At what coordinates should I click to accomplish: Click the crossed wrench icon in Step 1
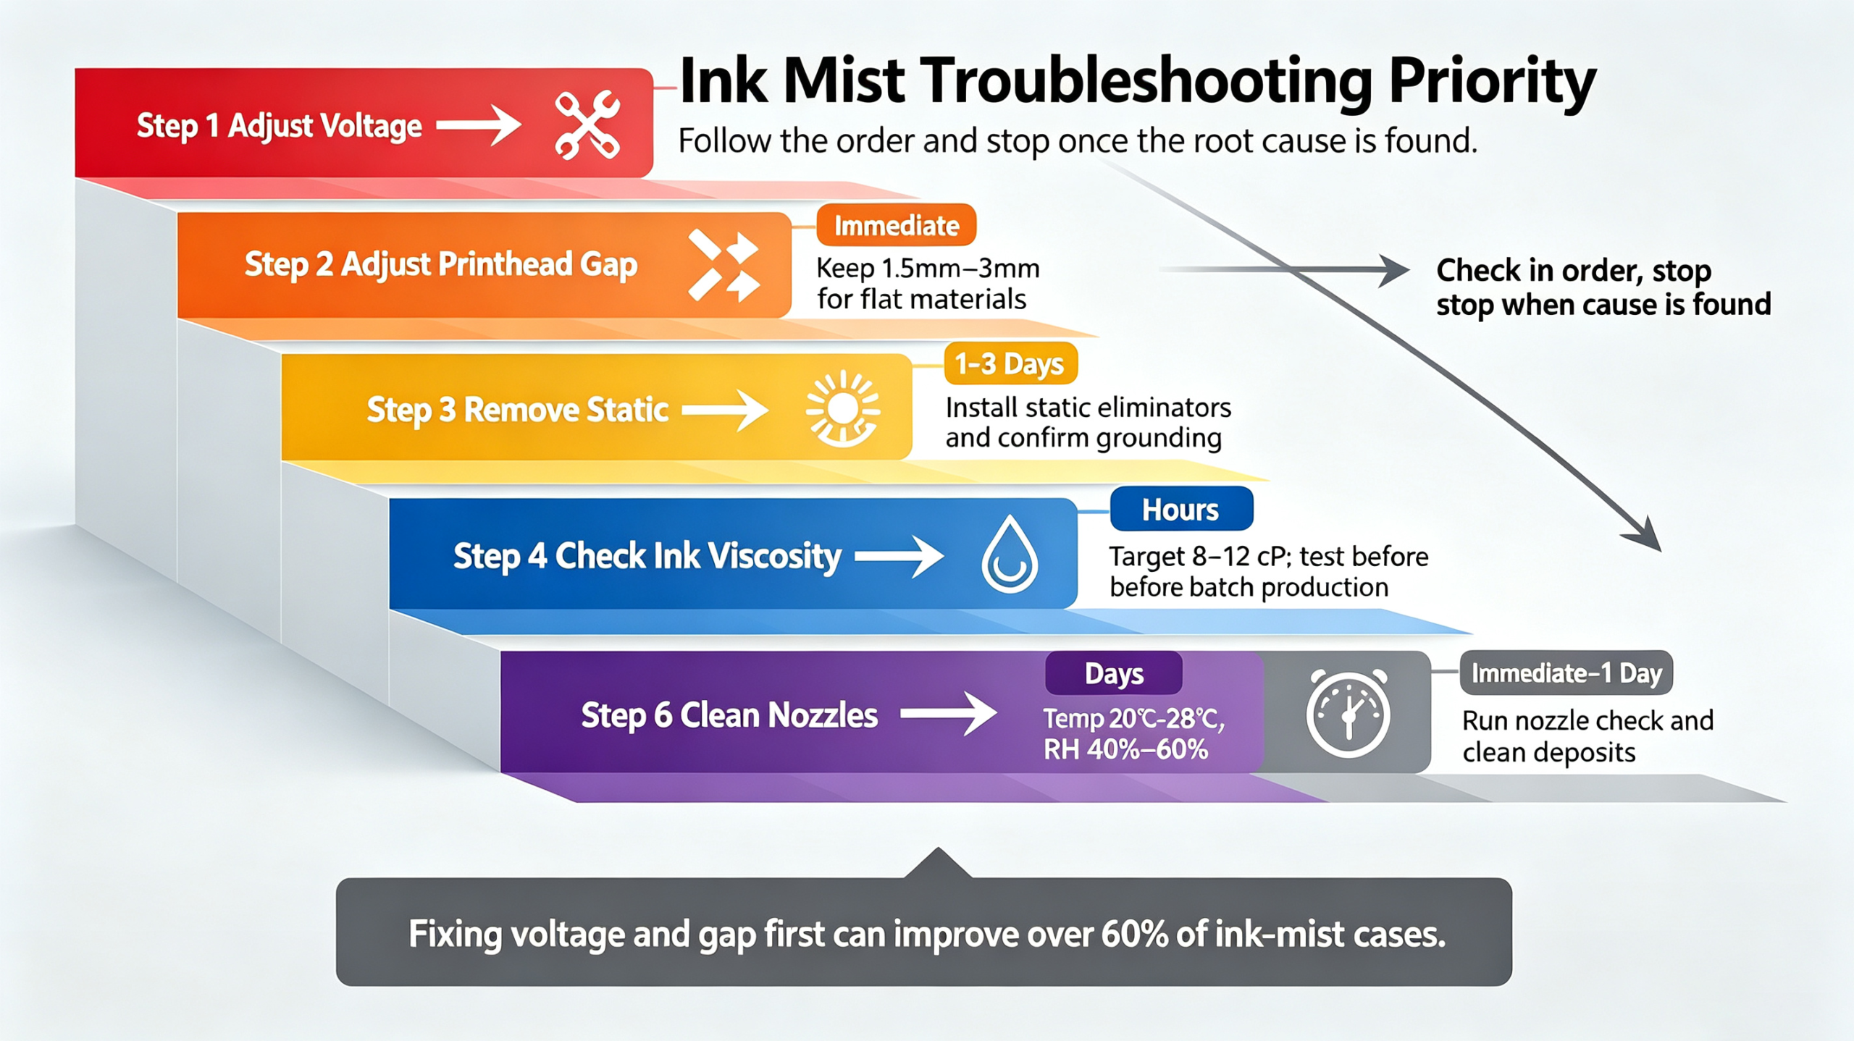(587, 125)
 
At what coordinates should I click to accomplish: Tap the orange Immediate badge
(896, 226)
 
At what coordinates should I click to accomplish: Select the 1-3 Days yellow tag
(1010, 363)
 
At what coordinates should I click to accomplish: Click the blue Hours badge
(1181, 510)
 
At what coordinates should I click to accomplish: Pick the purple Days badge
(1114, 673)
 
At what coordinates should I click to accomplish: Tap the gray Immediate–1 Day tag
(1566, 673)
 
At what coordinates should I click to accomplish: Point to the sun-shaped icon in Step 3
(843, 409)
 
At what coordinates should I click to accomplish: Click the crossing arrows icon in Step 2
(723, 265)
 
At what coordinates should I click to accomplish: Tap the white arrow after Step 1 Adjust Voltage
(478, 125)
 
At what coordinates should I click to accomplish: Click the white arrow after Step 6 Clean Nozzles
(948, 715)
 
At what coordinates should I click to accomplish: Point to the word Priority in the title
(1493, 83)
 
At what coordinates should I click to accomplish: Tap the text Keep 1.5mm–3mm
(928, 269)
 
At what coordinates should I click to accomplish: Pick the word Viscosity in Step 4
(774, 557)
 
